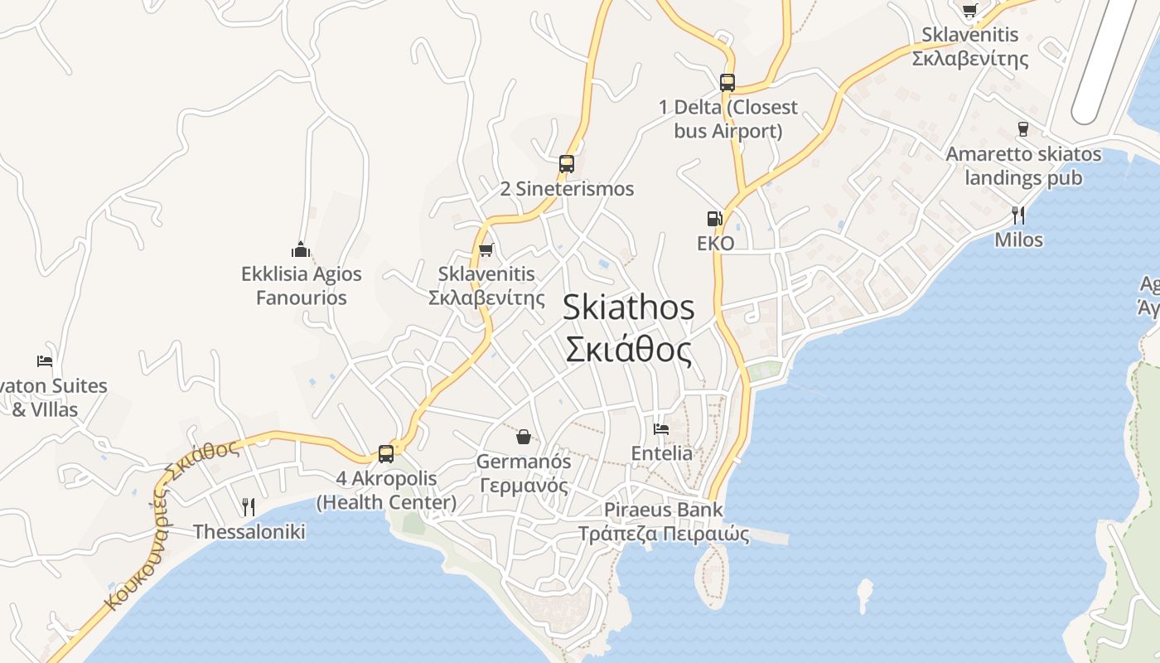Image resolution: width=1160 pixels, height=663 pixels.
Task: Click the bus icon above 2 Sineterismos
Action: pyautogui.click(x=567, y=164)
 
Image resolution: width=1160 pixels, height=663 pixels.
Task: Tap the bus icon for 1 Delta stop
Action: pyautogui.click(x=727, y=83)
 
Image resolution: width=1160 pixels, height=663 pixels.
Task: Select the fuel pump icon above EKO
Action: pyautogui.click(x=714, y=219)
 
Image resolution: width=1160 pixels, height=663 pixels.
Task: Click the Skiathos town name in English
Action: pyautogui.click(x=629, y=307)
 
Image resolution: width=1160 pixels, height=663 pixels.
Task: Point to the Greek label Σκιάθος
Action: pyautogui.click(x=629, y=349)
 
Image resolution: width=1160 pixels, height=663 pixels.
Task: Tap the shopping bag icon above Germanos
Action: pyautogui.click(x=524, y=436)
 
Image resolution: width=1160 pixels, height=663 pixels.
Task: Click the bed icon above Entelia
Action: pyautogui.click(x=661, y=428)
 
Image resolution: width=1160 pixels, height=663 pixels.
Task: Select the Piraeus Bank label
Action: pyautogui.click(x=663, y=510)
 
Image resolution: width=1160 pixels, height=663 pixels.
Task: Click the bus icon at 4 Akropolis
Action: pyautogui.click(x=386, y=453)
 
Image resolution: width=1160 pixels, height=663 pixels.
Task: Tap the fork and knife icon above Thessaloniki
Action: pyautogui.click(x=248, y=506)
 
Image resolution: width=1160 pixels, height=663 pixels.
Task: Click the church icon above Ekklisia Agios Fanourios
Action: pyautogui.click(x=301, y=249)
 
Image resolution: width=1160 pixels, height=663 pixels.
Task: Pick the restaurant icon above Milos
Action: pyautogui.click(x=1018, y=215)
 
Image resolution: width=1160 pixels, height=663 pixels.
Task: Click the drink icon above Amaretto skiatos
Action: pyautogui.click(x=1022, y=129)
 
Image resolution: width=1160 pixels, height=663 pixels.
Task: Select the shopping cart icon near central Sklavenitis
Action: pyautogui.click(x=486, y=249)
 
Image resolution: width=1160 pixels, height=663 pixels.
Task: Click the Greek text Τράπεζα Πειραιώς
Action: pyautogui.click(x=663, y=534)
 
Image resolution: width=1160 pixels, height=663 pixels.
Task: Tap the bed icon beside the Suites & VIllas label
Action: pyautogui.click(x=45, y=361)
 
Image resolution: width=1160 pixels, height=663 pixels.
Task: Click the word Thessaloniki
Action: pyautogui.click(x=249, y=532)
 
